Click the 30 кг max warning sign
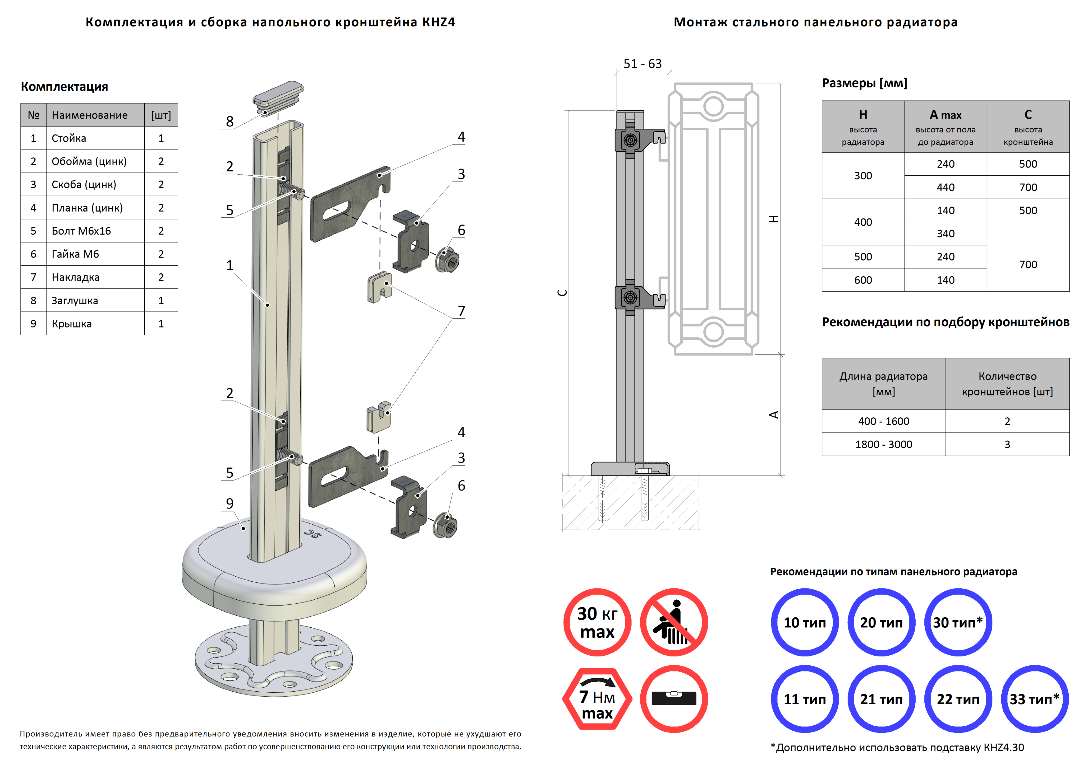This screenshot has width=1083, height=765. click(597, 622)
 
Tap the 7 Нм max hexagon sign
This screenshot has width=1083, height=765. click(597, 698)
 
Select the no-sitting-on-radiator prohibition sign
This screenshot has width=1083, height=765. click(674, 622)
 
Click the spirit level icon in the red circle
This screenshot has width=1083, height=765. click(674, 698)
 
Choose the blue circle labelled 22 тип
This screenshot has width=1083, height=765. click(958, 698)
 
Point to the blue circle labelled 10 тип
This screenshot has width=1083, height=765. click(805, 622)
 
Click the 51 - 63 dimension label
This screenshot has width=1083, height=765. click(643, 64)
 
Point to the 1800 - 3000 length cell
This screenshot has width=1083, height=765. click(883, 444)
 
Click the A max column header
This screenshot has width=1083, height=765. click(945, 126)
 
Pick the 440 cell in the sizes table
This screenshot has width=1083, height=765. click(945, 187)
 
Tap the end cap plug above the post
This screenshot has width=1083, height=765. click(278, 97)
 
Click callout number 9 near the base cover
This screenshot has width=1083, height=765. click(230, 503)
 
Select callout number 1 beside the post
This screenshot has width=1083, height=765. click(230, 265)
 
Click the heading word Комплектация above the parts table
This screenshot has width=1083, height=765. click(65, 87)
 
